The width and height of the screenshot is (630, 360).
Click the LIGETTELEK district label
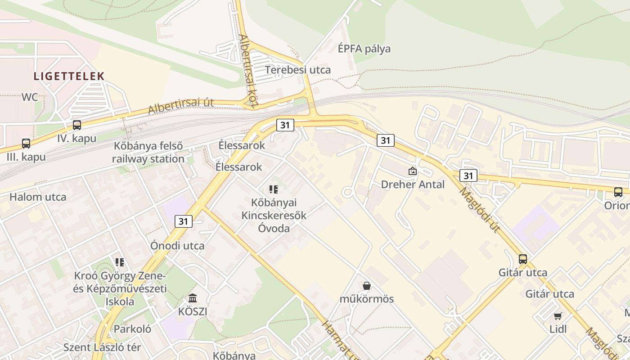point(69,76)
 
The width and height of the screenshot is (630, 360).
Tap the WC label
point(30,97)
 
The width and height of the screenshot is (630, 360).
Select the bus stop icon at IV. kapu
point(77,125)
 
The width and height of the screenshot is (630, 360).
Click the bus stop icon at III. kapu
point(26,144)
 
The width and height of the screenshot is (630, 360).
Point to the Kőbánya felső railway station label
point(148,153)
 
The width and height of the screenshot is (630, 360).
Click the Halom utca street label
point(38,197)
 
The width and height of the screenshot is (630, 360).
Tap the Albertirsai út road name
point(180,106)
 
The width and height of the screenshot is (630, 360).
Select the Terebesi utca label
point(298,70)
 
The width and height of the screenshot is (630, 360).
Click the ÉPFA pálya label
point(364,49)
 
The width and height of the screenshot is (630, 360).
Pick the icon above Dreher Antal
point(412,171)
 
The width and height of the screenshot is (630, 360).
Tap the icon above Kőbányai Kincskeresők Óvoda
point(274,189)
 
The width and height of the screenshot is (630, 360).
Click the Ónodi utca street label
point(178,246)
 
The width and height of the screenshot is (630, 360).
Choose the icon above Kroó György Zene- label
point(119,262)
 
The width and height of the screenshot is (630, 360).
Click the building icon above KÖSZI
point(193,298)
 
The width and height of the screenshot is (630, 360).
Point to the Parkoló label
point(132,329)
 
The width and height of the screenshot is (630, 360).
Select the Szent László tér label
point(102,347)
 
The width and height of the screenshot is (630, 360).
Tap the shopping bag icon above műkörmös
point(367,285)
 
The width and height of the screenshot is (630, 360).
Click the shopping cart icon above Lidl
point(558,316)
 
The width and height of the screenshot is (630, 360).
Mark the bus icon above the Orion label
point(618,192)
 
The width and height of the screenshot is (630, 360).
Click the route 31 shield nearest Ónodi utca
point(183,221)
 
